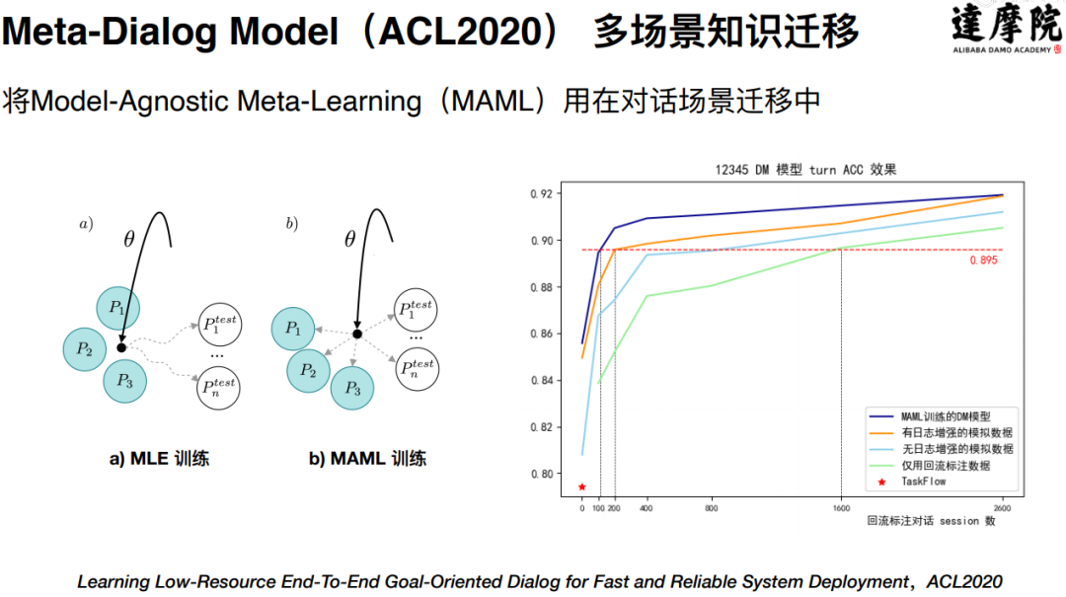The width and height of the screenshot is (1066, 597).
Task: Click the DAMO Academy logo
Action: pyautogui.click(x=1006, y=30)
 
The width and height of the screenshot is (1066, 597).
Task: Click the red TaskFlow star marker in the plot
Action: pyautogui.click(x=582, y=486)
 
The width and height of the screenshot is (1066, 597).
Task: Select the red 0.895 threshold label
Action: pyautogui.click(x=983, y=261)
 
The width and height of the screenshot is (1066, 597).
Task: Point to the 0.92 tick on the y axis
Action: pyautogui.click(x=541, y=193)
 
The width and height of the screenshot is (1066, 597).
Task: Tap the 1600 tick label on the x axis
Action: pyautogui.click(x=841, y=507)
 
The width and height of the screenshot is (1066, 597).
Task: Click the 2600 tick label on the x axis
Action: pyautogui.click(x=1002, y=507)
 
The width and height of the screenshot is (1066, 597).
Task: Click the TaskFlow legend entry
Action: pyautogui.click(x=924, y=482)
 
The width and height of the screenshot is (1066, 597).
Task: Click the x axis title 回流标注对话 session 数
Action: pyautogui.click(x=931, y=521)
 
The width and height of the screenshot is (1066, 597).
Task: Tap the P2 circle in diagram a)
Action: pyautogui.click(x=85, y=348)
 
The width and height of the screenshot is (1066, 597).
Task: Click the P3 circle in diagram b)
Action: pyautogui.click(x=353, y=389)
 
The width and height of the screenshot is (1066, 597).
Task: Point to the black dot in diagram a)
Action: pyautogui.click(x=120, y=347)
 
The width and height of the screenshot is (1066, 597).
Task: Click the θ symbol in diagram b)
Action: pyautogui.click(x=349, y=239)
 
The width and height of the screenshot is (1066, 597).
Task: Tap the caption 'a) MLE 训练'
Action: pyautogui.click(x=159, y=459)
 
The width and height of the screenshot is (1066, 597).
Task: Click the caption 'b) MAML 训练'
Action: pyautogui.click(x=367, y=459)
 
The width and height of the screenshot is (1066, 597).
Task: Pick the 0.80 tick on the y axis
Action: pyautogui.click(x=541, y=474)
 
